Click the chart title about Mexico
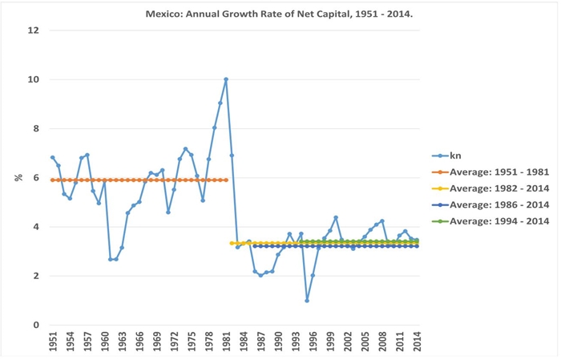(279, 14)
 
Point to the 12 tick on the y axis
(34, 30)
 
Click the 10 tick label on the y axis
(34, 79)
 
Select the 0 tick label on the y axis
(36, 325)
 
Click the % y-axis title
(18, 177)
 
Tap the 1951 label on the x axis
(53, 342)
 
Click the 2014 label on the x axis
(418, 342)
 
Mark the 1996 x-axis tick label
(313, 342)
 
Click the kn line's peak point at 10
(226, 79)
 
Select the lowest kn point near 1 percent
(307, 301)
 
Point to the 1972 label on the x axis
(174, 342)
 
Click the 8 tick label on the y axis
(36, 128)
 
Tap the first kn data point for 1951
(53, 157)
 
